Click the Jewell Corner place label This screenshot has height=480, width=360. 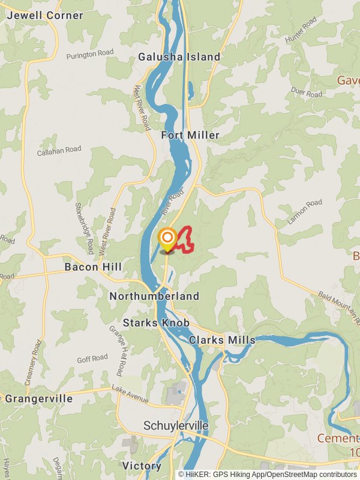click(x=44, y=16)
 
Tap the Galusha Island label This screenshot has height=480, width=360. click(x=179, y=57)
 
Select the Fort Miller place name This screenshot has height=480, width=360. click(x=190, y=135)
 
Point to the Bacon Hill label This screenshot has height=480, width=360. click(x=93, y=266)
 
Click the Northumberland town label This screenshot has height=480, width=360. click(x=154, y=296)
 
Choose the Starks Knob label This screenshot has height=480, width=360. click(x=156, y=323)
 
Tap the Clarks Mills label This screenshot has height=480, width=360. click(x=222, y=340)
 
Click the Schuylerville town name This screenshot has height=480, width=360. click(x=176, y=425)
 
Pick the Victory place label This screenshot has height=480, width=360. click(x=142, y=466)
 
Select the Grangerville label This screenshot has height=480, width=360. click(x=38, y=398)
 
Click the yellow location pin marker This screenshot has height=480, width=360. click(x=167, y=240)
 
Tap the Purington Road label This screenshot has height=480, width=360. click(x=90, y=54)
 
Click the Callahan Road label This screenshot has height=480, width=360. click(x=59, y=150)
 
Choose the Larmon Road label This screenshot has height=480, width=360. click(x=304, y=212)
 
